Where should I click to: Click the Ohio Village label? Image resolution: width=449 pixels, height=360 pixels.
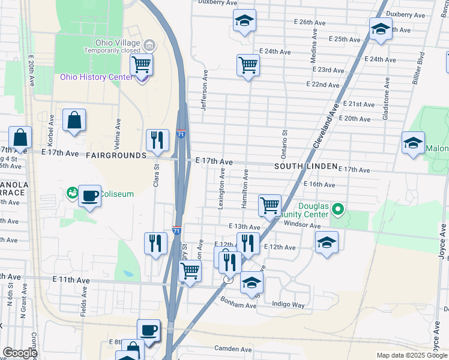coord(118,43)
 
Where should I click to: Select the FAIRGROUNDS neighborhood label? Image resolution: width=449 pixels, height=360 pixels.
coord(116,155)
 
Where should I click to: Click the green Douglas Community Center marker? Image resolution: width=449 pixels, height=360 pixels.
coord(338,209)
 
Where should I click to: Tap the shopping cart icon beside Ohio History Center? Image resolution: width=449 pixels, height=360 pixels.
coord(141,64)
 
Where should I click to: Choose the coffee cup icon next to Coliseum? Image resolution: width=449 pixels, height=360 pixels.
coord(89,196)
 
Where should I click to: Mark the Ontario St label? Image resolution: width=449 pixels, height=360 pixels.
coord(285,144)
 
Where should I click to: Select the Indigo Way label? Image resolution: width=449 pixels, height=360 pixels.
coord(289,305)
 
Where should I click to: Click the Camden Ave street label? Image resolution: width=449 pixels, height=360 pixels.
coord(234,349)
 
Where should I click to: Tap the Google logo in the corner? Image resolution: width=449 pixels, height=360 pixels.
coord(19,353)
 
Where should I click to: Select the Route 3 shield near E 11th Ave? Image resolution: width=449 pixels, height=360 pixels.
coord(228,280)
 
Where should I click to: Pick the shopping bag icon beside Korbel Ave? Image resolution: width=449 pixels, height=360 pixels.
coord(74,120)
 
